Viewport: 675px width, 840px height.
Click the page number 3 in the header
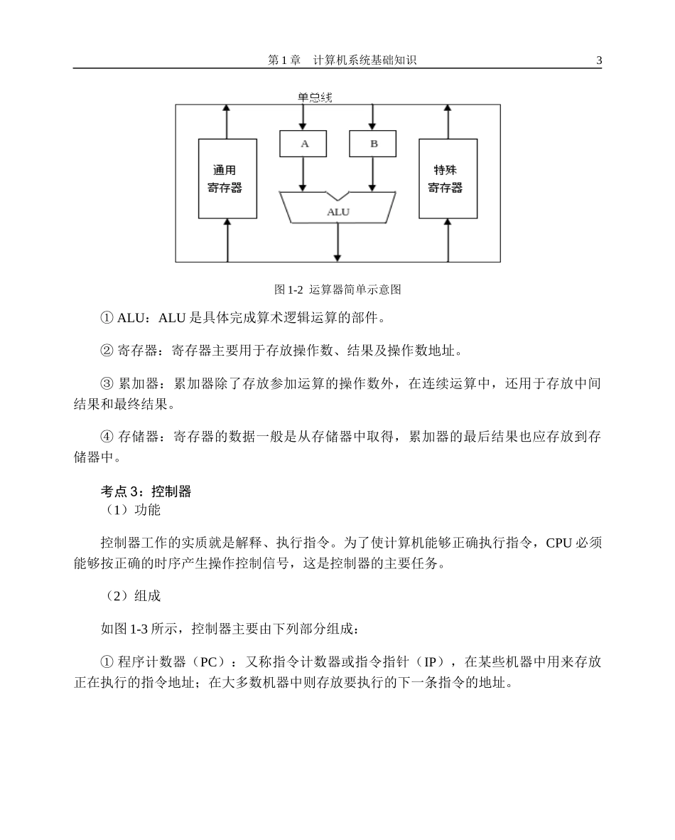[599, 61]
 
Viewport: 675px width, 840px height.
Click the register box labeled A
[304, 144]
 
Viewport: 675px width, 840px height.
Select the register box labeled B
[373, 144]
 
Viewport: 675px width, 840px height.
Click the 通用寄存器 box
[226, 179]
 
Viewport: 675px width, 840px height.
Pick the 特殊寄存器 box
[447, 179]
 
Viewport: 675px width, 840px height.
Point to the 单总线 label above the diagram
[315, 97]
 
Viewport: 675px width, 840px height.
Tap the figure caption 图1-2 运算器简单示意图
[337, 289]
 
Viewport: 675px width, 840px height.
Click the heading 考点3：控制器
[146, 491]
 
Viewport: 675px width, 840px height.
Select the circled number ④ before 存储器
[107, 437]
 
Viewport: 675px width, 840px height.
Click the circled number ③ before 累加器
[107, 384]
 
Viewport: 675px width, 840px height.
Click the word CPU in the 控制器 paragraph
[559, 543]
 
